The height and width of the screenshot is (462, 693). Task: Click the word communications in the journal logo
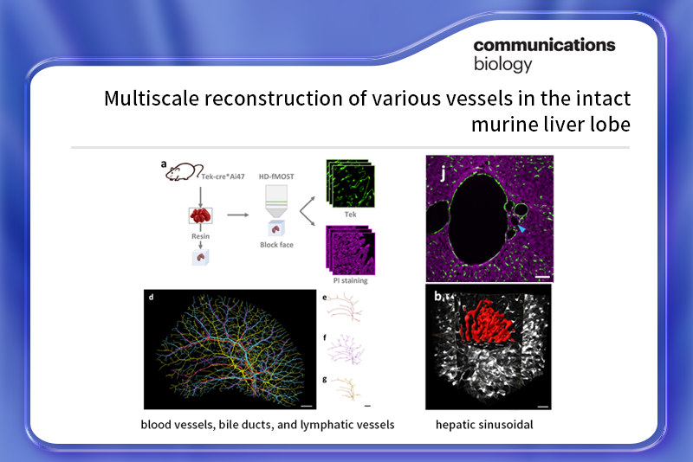tap(544, 45)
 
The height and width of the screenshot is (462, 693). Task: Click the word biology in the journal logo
tap(503, 64)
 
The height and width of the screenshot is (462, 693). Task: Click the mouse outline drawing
tap(184, 171)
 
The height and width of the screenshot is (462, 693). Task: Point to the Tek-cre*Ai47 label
tap(223, 176)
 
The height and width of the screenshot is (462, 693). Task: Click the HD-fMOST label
tap(276, 176)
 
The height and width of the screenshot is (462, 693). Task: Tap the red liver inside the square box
tap(200, 215)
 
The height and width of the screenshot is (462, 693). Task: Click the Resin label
tap(200, 236)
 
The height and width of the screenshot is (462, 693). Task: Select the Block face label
tap(276, 245)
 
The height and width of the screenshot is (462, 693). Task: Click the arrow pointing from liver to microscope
tap(237, 215)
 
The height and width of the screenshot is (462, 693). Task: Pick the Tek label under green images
tap(351, 215)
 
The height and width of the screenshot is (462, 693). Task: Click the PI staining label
tap(351, 280)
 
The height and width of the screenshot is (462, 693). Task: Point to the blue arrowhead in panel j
tap(522, 228)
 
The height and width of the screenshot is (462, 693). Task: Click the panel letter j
tap(443, 174)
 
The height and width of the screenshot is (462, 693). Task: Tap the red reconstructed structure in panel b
tap(485, 321)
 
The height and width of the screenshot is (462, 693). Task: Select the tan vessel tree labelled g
tap(346, 388)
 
